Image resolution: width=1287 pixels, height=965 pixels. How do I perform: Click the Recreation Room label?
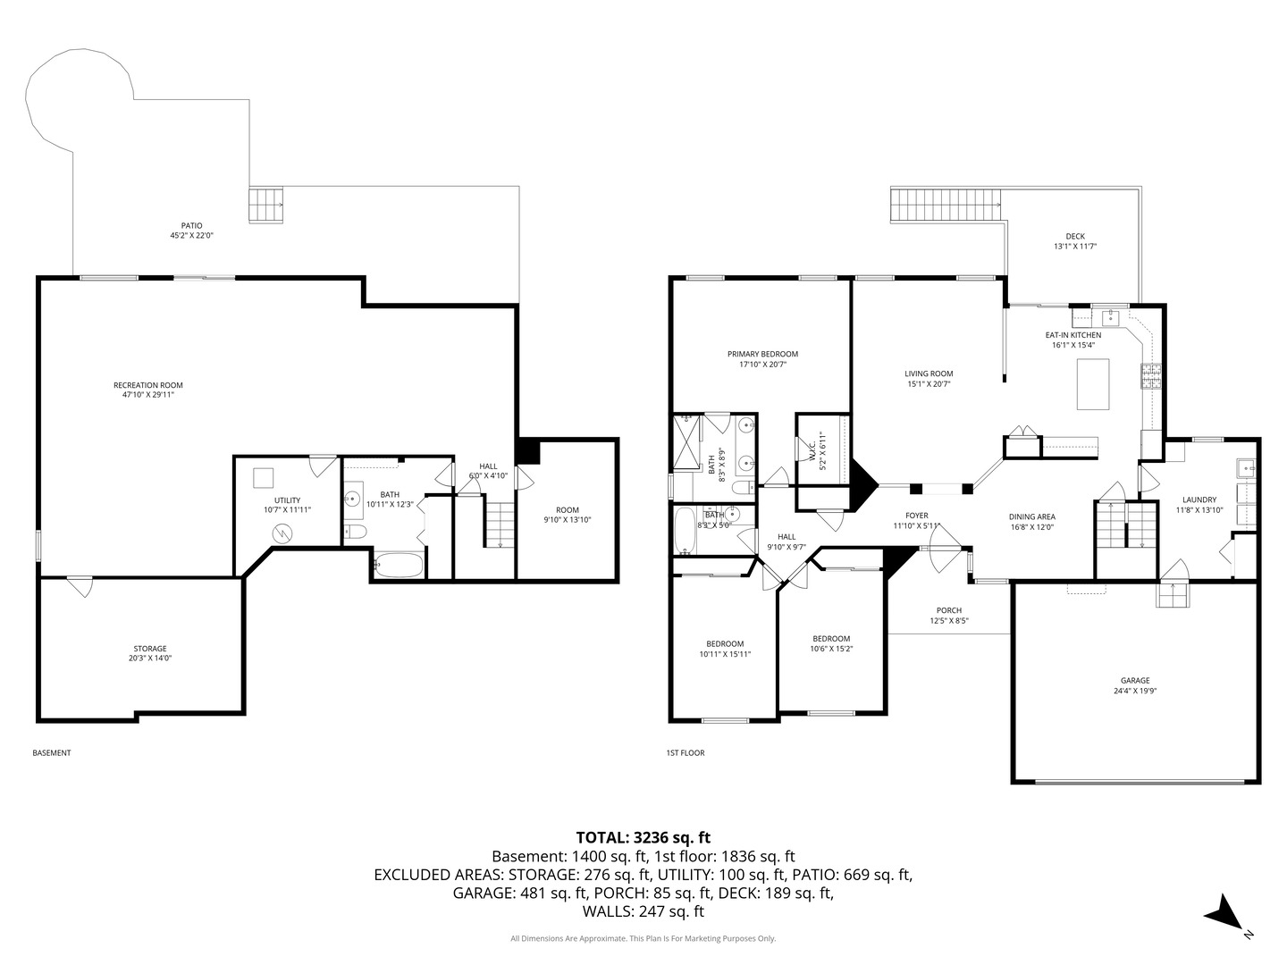tap(147, 385)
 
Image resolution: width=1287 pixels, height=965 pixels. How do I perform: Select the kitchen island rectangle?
tap(1093, 384)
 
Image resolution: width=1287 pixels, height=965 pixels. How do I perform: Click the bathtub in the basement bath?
tap(398, 566)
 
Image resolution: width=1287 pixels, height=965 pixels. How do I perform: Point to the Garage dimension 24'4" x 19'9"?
tap(1135, 691)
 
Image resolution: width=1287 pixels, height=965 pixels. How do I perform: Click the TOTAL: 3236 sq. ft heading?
tap(643, 837)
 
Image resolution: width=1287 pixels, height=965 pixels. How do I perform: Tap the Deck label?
tap(1074, 237)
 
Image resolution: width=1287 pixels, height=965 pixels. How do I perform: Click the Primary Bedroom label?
tap(761, 354)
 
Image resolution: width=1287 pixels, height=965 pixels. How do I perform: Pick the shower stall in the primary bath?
tap(687, 442)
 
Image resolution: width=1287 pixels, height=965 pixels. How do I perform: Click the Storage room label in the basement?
tap(150, 649)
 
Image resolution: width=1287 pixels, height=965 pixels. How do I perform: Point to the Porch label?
tap(948, 610)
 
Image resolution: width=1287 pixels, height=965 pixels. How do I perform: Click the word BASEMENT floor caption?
tap(52, 753)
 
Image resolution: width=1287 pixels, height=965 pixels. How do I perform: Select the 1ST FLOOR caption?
tap(685, 753)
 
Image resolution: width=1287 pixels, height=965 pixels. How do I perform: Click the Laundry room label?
tap(1199, 499)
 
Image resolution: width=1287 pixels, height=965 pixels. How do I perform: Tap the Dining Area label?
tap(1031, 516)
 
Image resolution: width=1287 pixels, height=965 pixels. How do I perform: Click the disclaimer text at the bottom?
tap(643, 938)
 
